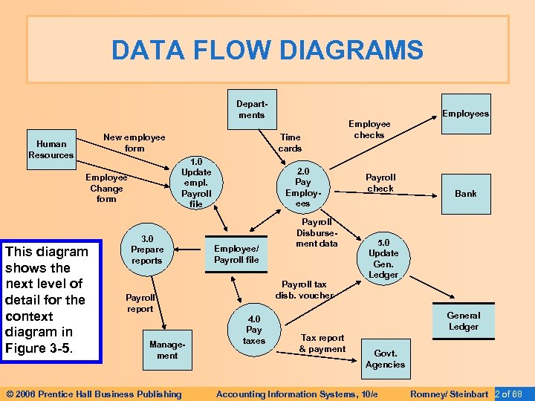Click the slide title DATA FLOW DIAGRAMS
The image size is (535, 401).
click(267, 50)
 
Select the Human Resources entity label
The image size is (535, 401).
click(51, 149)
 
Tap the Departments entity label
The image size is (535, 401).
click(251, 109)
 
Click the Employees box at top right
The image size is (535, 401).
click(465, 114)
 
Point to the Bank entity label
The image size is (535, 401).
click(466, 194)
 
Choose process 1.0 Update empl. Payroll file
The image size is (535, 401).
click(196, 183)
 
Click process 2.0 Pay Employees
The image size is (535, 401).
click(302, 187)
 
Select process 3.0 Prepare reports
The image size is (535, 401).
click(147, 250)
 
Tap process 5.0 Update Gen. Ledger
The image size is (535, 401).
click(383, 258)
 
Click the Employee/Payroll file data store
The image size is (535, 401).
click(236, 254)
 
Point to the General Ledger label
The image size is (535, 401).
click(464, 321)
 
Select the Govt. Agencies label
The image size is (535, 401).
click(385, 359)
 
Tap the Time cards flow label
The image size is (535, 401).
click(290, 143)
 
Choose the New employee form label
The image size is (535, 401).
click(134, 143)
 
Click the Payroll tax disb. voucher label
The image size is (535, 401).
click(304, 290)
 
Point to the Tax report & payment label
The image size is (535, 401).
click(322, 343)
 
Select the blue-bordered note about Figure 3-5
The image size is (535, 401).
click(51, 301)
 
